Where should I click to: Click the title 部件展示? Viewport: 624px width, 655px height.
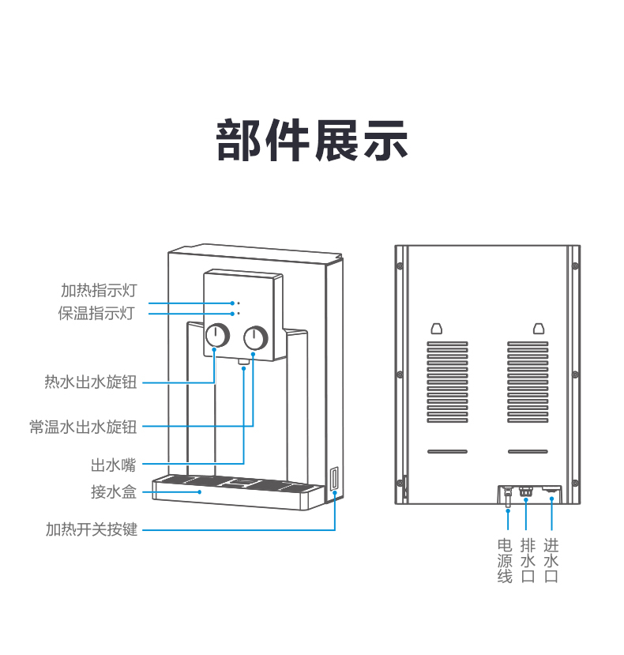(312, 140)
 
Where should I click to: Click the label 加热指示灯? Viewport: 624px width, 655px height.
(99, 290)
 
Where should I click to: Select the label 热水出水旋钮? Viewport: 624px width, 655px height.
(91, 383)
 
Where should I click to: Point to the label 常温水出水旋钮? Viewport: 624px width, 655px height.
(83, 427)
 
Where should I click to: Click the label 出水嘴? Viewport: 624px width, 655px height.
(114, 465)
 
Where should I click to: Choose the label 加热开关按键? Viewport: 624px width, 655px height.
(92, 529)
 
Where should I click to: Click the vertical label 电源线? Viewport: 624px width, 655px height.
(505, 561)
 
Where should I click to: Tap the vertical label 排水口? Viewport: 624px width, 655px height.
(528, 561)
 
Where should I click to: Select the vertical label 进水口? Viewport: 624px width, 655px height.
(551, 561)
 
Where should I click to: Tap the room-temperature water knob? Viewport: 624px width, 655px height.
(255, 338)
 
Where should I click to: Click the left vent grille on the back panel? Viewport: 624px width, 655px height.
(447, 381)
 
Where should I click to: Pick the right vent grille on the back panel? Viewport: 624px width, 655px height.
(527, 381)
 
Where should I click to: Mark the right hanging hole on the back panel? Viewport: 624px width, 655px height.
(539, 327)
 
